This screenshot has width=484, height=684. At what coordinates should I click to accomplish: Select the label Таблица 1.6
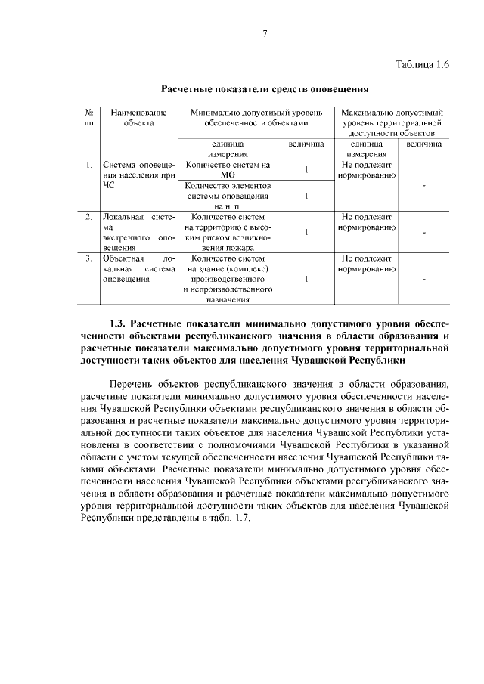422,64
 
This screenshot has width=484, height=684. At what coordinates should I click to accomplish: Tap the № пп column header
89,116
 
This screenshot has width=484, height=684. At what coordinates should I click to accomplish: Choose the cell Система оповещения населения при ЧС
138,173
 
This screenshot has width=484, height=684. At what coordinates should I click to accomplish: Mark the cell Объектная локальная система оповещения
138,268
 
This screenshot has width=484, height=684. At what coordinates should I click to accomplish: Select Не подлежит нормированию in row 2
367,222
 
